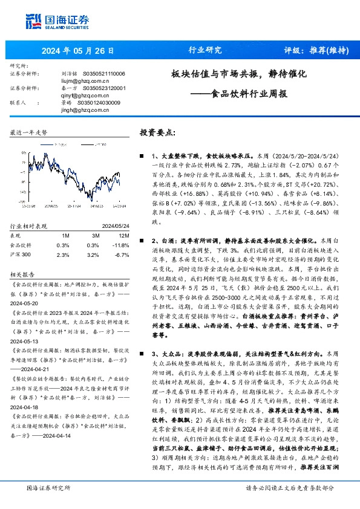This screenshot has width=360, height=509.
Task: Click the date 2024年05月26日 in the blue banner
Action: coord(76,50)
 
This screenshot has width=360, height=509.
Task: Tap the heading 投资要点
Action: coord(158,132)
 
